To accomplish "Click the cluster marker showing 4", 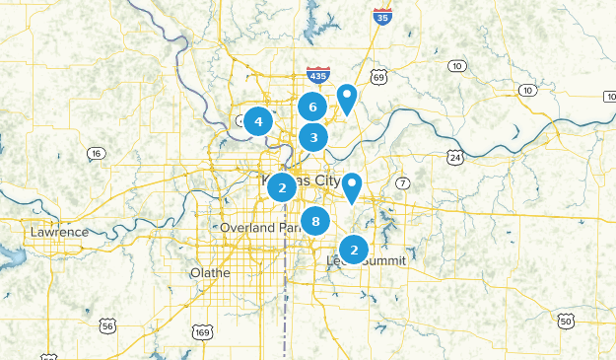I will click(258, 122).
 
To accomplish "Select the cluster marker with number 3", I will click(313, 137).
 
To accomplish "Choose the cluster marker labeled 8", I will click(315, 222).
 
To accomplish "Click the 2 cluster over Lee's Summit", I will click(354, 250).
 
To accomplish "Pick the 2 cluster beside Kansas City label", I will click(282, 186).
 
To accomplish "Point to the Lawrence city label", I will click(59, 232).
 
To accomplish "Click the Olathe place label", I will click(210, 272).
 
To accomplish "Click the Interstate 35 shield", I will click(381, 15).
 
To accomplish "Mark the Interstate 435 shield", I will click(317, 75).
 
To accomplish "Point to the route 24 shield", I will click(454, 157).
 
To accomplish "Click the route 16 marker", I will click(95, 153).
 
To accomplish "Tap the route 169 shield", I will click(202, 331).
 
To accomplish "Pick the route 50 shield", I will click(565, 321).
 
